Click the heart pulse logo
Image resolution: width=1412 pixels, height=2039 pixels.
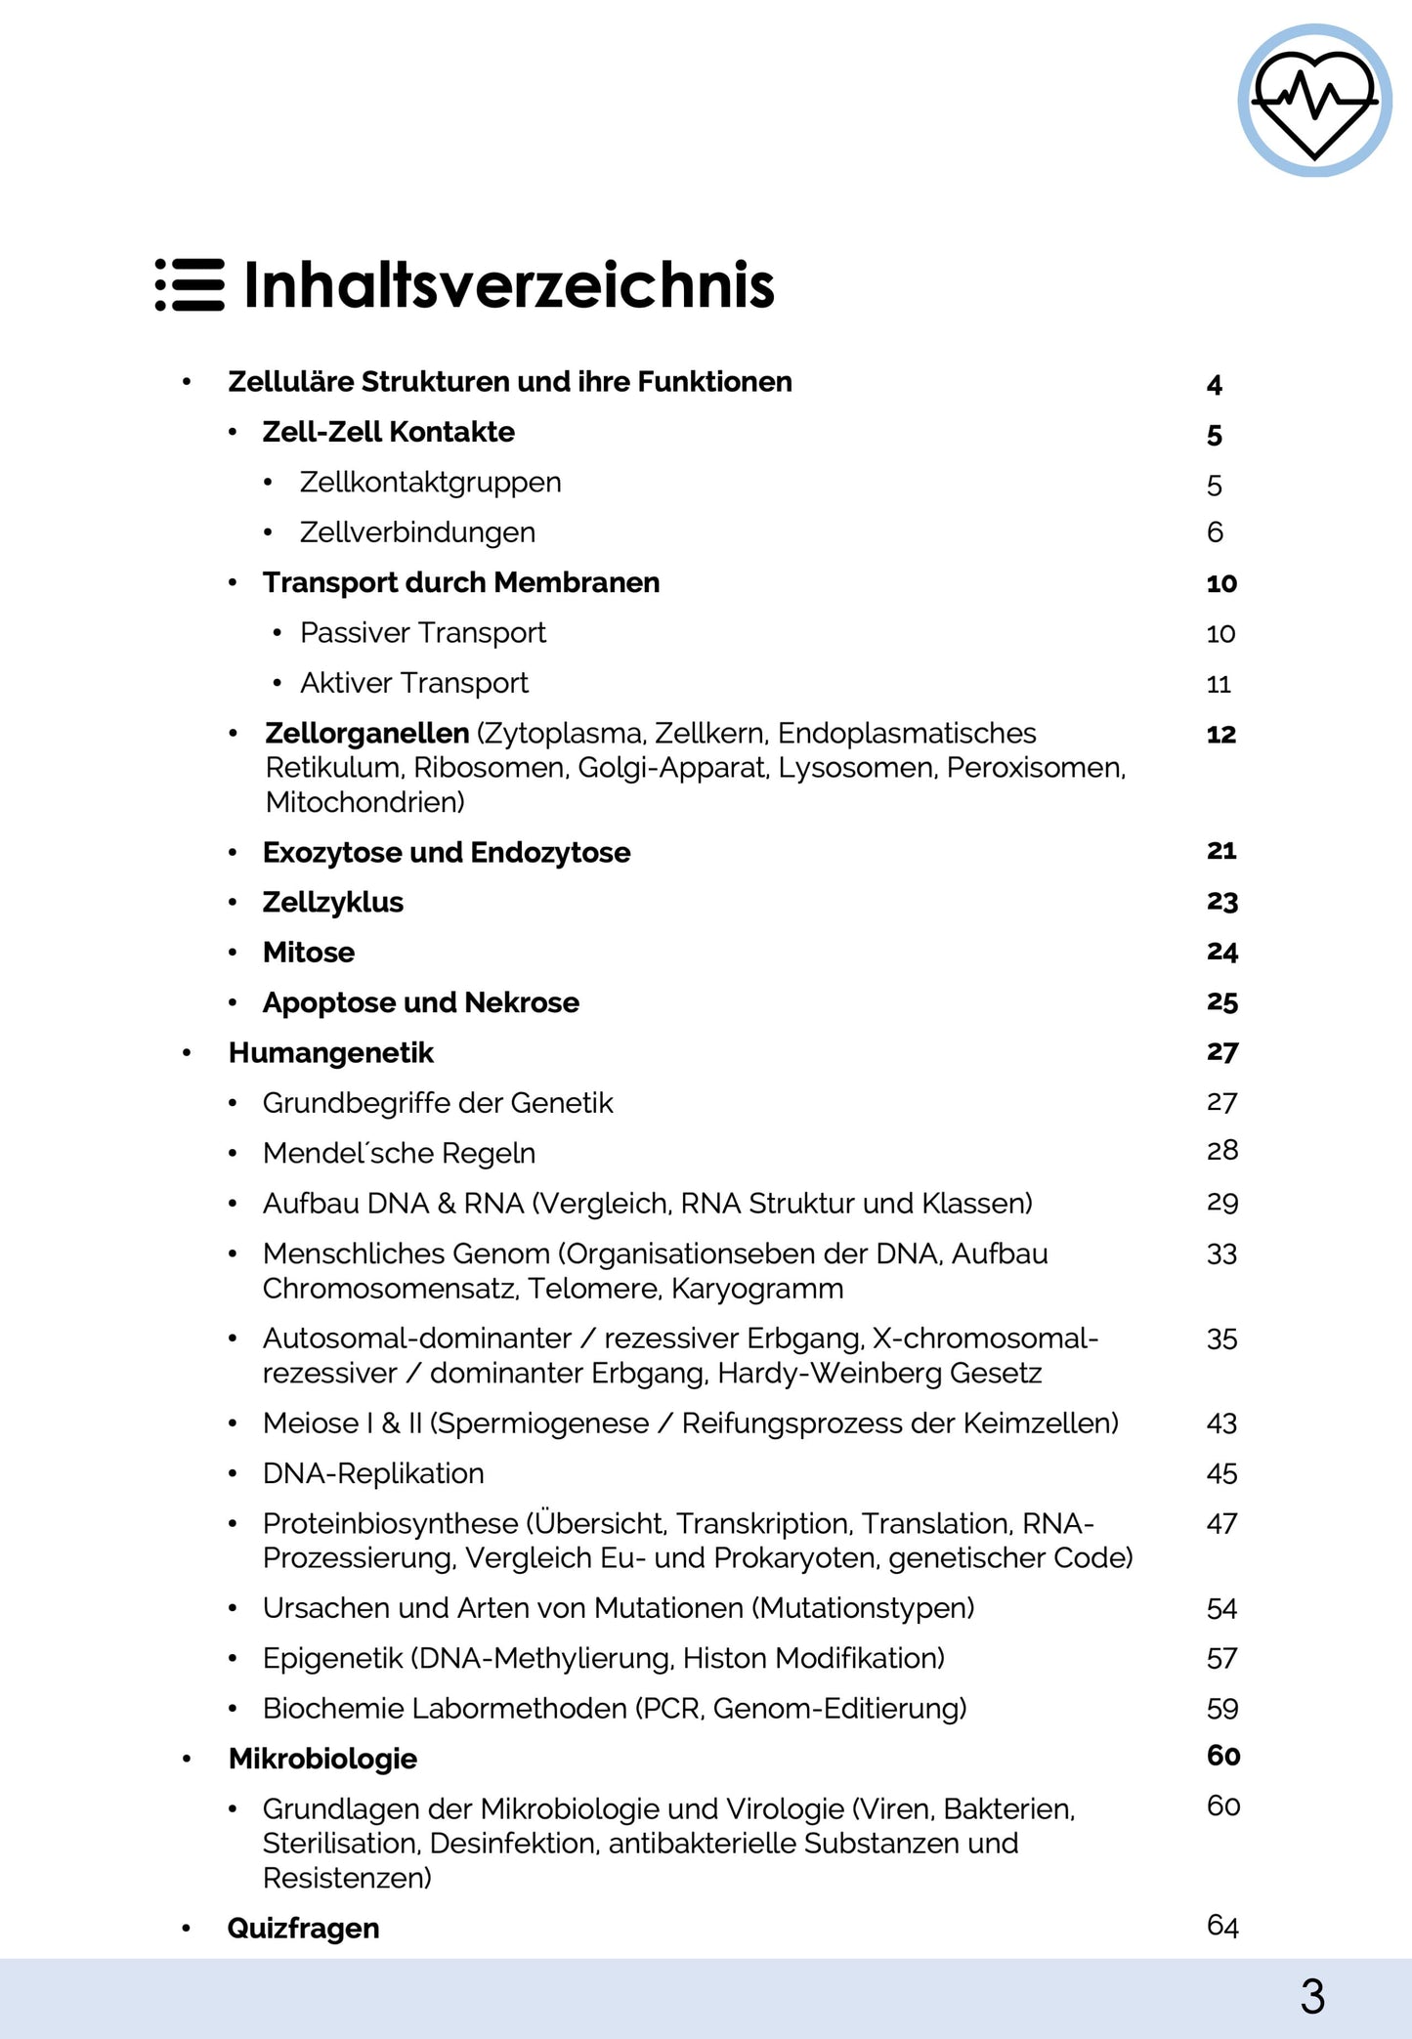[x=1314, y=101]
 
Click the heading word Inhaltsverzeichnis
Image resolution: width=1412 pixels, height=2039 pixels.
[x=508, y=285]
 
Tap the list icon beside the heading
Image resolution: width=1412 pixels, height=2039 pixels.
[x=190, y=285]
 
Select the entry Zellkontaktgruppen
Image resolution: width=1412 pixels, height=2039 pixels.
[x=430, y=483]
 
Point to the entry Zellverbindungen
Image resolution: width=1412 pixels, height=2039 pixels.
[x=417, y=532]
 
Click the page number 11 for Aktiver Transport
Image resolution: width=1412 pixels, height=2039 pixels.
[x=1219, y=684]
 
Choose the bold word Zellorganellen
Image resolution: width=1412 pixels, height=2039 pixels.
[x=366, y=733]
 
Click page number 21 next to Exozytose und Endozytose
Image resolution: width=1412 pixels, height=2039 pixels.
[x=1221, y=851]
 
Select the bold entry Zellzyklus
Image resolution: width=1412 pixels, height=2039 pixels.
[x=332, y=903]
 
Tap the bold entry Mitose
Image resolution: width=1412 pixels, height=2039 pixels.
[x=308, y=953]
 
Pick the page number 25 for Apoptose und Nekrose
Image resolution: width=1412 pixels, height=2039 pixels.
[x=1222, y=1002]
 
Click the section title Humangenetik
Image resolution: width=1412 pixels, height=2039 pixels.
[x=330, y=1053]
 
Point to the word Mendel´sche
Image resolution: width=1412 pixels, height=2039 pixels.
[x=348, y=1154]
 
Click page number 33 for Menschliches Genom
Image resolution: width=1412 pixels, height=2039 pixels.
[x=1221, y=1254]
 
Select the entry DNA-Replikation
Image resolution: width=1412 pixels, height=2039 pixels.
[x=373, y=1473]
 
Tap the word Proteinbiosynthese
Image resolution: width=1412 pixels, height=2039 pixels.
[x=390, y=1524]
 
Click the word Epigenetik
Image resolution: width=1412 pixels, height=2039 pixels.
[x=332, y=1658]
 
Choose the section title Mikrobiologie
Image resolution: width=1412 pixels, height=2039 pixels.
[x=322, y=1759]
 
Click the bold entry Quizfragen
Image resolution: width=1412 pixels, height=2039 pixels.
[x=303, y=1929]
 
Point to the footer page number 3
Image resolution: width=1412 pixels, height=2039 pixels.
[x=1312, y=1997]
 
